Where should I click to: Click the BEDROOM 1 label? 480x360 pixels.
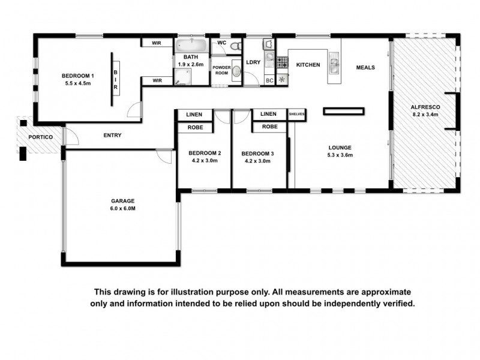coord(78,76)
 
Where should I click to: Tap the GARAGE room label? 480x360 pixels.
coord(122,201)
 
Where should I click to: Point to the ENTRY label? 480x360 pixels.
coord(112,136)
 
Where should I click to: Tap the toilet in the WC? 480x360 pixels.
coord(237,45)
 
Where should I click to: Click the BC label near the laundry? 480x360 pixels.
coord(269,80)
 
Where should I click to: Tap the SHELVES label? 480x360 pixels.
coord(298,114)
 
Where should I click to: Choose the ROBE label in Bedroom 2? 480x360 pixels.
coord(194,127)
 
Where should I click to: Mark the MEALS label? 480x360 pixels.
coord(365,67)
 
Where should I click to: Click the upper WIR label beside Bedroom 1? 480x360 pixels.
coord(157,43)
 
